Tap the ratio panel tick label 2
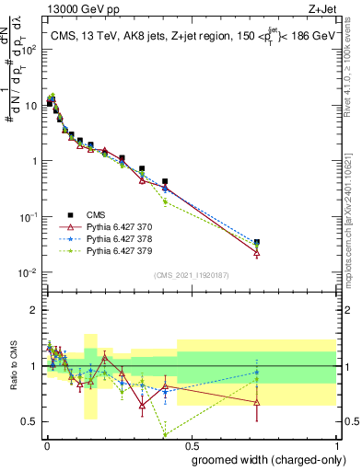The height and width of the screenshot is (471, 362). click(34, 310)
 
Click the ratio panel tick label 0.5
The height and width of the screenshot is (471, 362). click(29, 422)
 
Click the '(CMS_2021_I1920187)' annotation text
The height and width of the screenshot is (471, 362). click(191, 275)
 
